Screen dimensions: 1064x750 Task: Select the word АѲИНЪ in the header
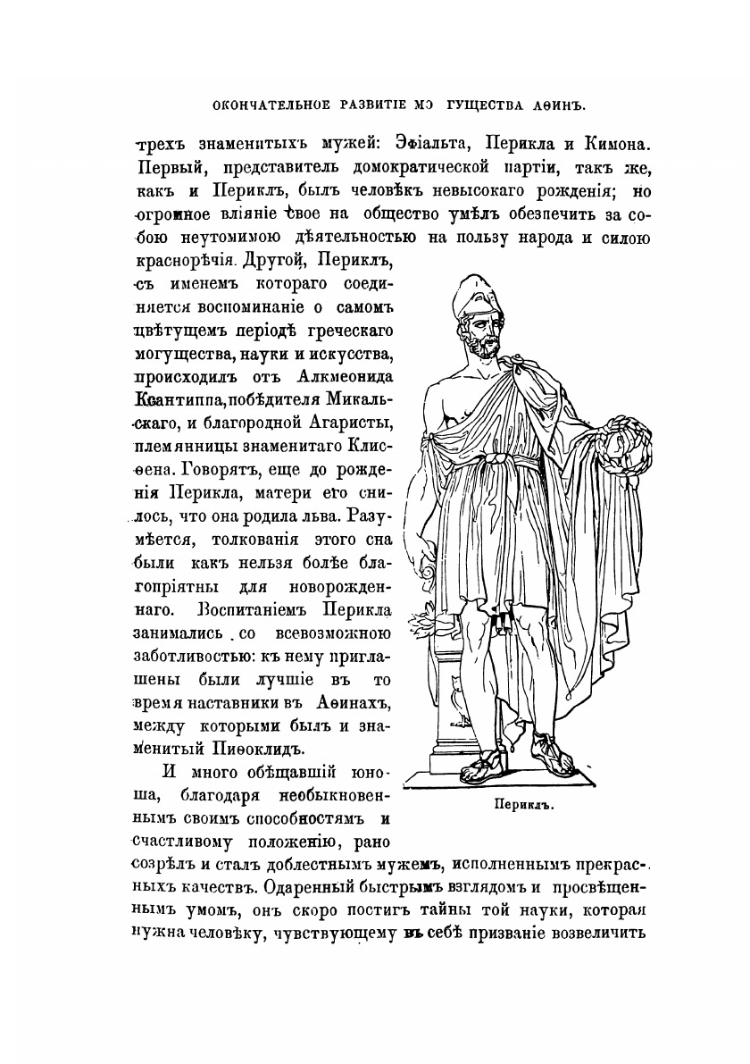pyautogui.click(x=562, y=105)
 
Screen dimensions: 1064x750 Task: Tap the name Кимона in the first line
pyautogui.click(x=614, y=143)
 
